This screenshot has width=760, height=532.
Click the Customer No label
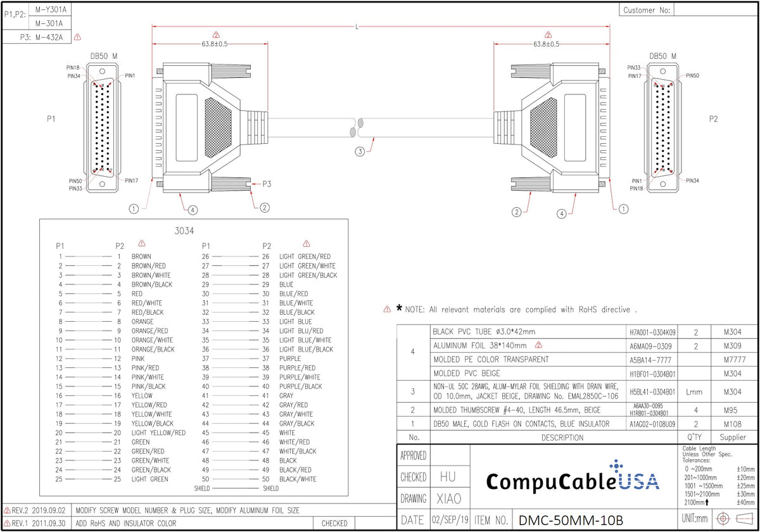[x=646, y=10]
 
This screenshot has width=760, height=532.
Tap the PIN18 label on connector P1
[x=73, y=68]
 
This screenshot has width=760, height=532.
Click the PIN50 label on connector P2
[x=692, y=75]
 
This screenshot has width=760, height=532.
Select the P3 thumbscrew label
[x=267, y=184]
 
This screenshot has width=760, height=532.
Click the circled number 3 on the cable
[x=359, y=151]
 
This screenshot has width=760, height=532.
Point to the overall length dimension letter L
[x=359, y=27]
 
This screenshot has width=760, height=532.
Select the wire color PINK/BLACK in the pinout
[x=148, y=386]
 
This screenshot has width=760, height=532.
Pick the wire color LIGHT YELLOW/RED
[x=158, y=433]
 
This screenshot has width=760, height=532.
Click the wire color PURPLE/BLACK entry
[x=300, y=386]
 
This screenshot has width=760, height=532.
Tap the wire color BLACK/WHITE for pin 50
[x=298, y=479]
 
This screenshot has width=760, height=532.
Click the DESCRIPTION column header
[x=562, y=437]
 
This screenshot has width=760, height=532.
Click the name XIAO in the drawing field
[x=449, y=498]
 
